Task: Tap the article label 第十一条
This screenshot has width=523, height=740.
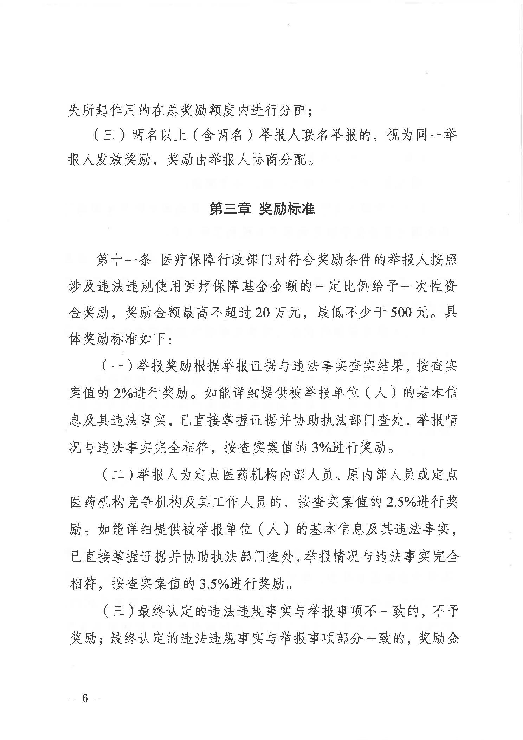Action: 124,261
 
